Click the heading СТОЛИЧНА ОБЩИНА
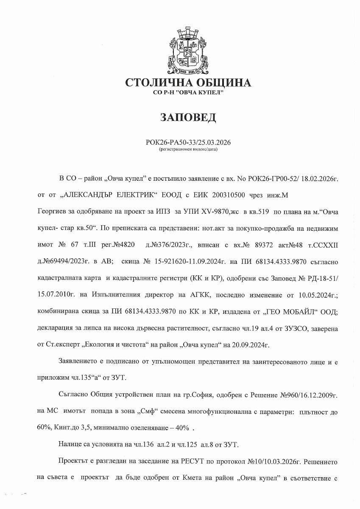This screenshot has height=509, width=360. (x=188, y=83)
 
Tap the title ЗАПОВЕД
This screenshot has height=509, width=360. (x=188, y=117)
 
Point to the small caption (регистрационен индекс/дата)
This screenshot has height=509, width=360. (x=188, y=149)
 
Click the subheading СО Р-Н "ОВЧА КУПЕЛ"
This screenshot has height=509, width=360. (x=188, y=92)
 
